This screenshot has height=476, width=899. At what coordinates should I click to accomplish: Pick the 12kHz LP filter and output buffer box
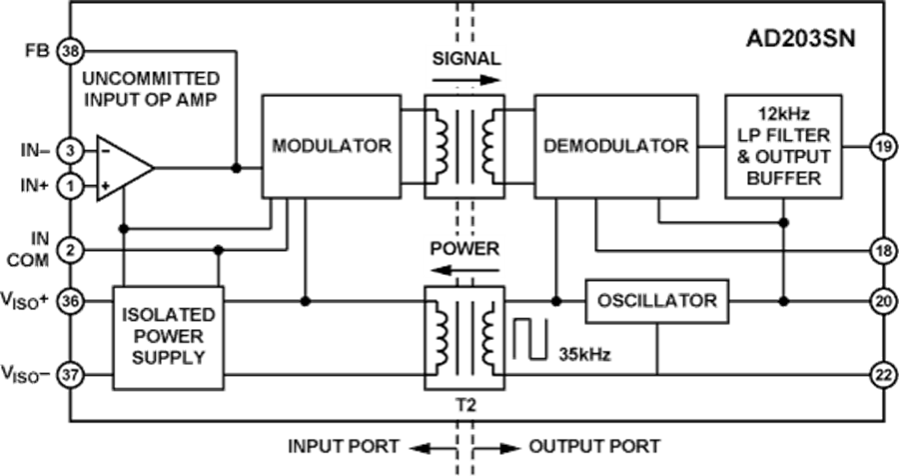[x=784, y=146]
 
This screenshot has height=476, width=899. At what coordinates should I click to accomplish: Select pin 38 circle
[x=69, y=49]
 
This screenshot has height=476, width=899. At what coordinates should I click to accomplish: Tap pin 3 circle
[x=69, y=150]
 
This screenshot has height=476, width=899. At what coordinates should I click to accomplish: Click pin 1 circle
[x=69, y=185]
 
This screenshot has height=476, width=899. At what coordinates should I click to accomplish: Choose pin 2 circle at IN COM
[x=69, y=248]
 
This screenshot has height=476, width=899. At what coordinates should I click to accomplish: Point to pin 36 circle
[x=69, y=299]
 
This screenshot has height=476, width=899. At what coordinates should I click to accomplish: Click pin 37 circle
[x=69, y=374]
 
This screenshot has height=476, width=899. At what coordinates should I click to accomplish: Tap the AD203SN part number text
[x=801, y=40]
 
